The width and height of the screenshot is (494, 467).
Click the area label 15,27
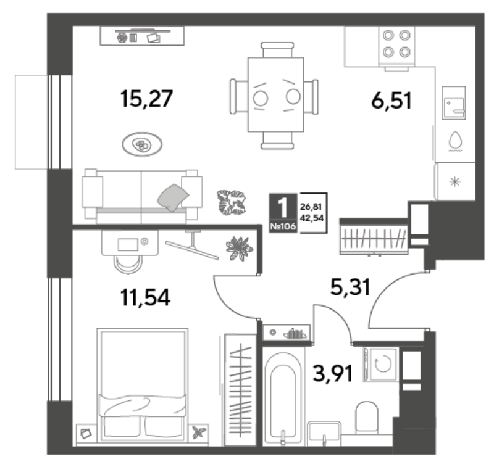pos(146,99)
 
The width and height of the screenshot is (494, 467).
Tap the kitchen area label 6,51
pos(391,101)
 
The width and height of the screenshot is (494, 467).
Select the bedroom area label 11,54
pos(145,298)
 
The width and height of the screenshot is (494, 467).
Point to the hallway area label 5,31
pos(350,287)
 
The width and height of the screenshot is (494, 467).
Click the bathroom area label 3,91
pos(333,373)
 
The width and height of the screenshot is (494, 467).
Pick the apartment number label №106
pos(283,226)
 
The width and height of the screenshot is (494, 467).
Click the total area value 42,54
pos(312,218)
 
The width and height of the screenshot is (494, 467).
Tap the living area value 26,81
pos(311,207)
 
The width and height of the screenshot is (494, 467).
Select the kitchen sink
pos(454,103)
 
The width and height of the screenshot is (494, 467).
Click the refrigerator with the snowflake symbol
pos(454,181)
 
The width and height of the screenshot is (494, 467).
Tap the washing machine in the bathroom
pos(381,365)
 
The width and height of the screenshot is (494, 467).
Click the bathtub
pos(283,397)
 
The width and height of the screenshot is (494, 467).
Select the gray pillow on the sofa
pos(173,197)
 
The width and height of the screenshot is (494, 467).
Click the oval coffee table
pos(142,144)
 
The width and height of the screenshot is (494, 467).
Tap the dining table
pos(275,94)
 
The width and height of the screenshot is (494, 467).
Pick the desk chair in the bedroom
pos(128,263)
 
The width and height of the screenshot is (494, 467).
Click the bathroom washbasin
pos(324,433)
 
